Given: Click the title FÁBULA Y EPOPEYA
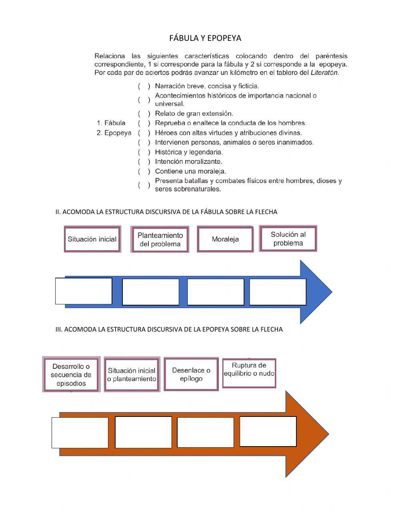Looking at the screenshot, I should coord(205,38).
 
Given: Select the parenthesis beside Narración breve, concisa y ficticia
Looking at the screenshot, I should coord(144,86).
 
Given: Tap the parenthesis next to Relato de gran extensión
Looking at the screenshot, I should coord(144,113).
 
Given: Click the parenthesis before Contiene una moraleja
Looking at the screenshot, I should coord(144,171).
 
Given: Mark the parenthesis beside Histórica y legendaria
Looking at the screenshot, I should coord(144,152).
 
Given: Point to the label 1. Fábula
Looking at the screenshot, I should coord(111,123).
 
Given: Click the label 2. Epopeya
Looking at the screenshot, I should coord(114,133).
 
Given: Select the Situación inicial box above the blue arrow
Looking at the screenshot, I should coord(92,239).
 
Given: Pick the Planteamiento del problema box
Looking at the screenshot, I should coord(160,239).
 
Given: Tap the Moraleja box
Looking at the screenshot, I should coord(225,239).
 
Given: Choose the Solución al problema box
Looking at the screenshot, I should coord(288,239).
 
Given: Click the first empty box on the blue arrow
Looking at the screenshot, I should coord(84,291).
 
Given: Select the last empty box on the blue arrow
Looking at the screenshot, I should coord(278,292).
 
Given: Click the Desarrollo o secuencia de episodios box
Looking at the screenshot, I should coord(71,375).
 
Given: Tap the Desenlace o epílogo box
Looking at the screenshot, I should coord(191,374).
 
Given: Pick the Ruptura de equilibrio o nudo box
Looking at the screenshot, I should coord(249,373).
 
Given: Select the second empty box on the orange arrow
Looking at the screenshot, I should coord(143,432).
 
